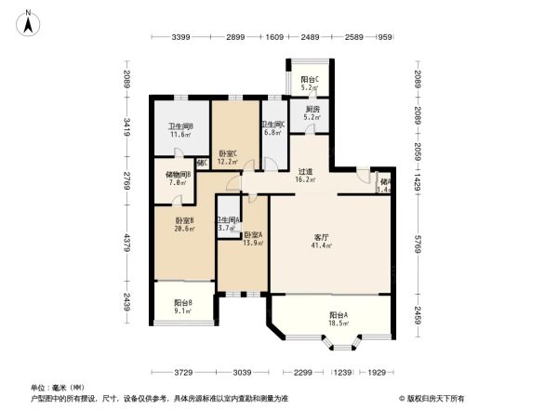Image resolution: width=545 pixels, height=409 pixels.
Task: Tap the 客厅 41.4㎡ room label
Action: click(324, 243)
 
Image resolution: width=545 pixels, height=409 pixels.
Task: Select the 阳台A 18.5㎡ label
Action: click(339, 318)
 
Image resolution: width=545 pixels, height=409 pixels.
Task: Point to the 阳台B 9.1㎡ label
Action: click(183, 307)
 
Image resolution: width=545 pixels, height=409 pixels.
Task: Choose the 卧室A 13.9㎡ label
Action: click(253, 239)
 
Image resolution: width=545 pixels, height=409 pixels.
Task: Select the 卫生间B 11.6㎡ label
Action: click(180, 131)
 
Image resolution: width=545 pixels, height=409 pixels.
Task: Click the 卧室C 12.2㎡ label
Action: click(228, 157)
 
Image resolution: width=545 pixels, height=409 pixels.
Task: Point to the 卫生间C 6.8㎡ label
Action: click(272, 128)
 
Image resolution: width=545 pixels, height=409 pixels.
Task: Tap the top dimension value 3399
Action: click(181, 37)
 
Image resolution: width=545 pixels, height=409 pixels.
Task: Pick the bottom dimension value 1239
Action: click(344, 372)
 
